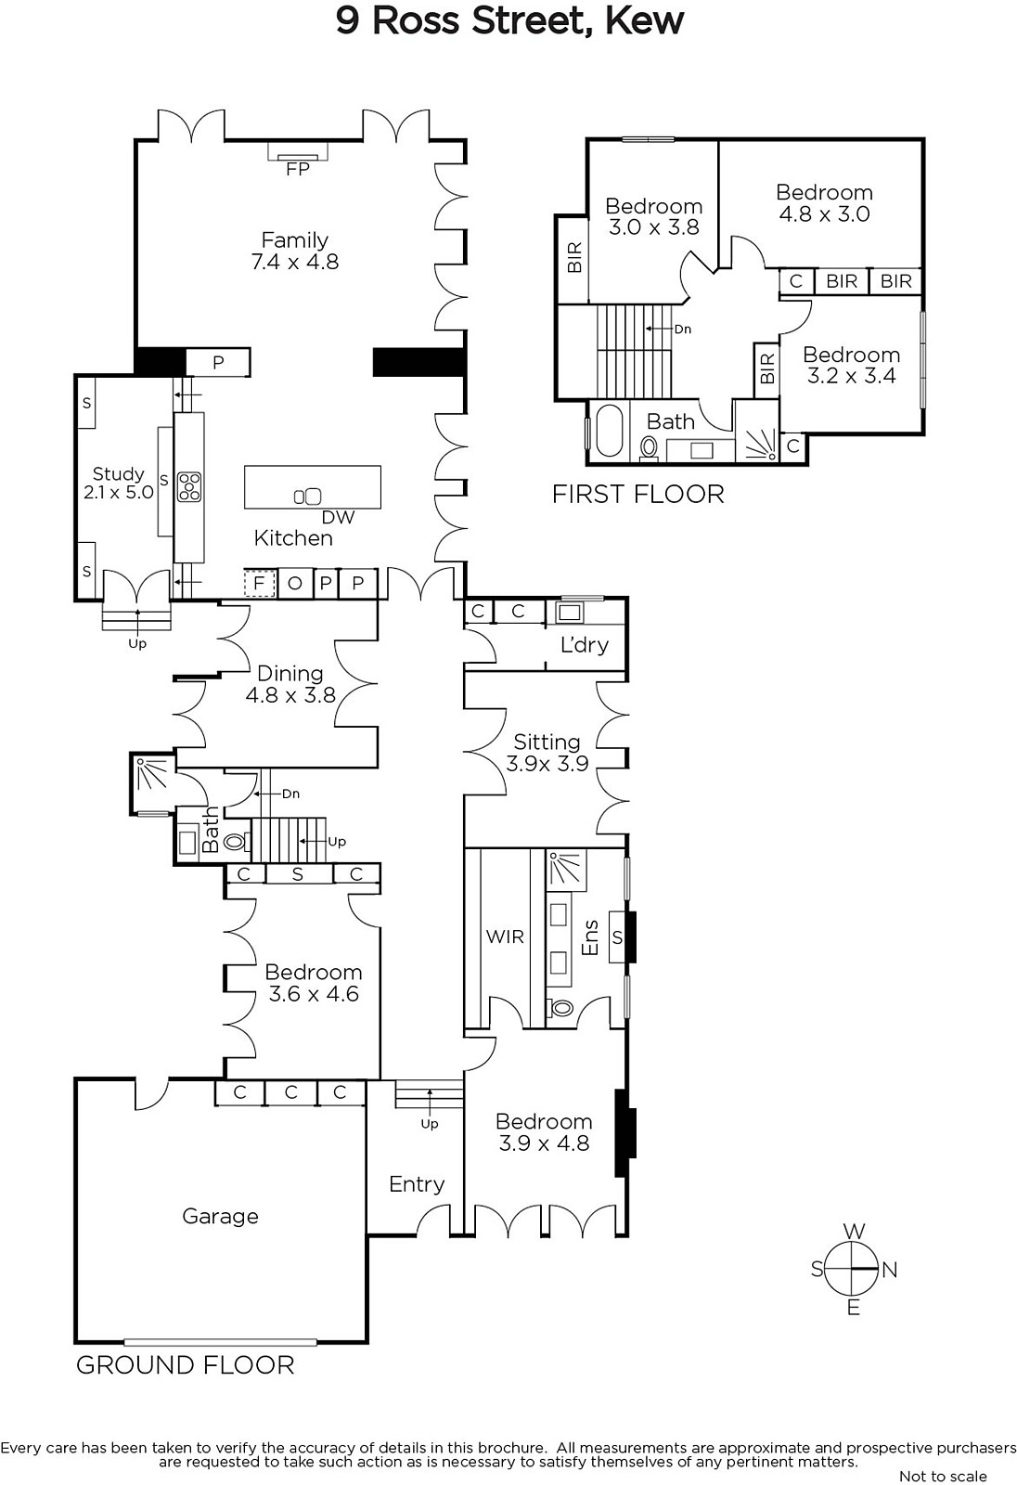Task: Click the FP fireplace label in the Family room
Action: [298, 169]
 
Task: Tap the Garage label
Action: [220, 1216]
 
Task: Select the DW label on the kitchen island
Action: [338, 517]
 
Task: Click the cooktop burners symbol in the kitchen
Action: [189, 486]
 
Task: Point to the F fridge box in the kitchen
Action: [259, 584]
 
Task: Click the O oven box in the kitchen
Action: [295, 584]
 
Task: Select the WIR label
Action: [505, 936]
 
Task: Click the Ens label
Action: [589, 937]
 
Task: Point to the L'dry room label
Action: [584, 644]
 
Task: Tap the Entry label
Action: [417, 1184]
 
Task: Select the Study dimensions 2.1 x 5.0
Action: [119, 493]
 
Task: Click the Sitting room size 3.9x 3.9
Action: [547, 764]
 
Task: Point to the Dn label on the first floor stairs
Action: [682, 329]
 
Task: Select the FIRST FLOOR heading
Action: [637, 494]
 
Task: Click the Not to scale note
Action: [943, 1477]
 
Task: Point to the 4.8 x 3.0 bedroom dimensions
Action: [824, 214]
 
